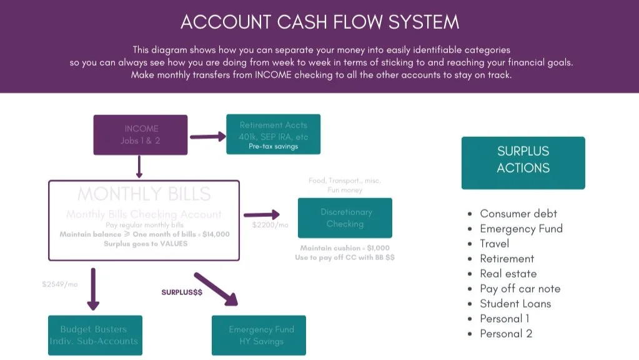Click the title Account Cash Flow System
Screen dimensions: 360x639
pyautogui.click(x=319, y=22)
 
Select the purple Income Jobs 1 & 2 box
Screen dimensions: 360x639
pyautogui.click(x=140, y=134)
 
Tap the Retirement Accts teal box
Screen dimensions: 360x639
pyautogui.click(x=273, y=134)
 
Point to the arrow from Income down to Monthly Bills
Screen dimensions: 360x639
pyautogui.click(x=139, y=167)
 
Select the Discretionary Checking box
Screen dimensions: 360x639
pyautogui.click(x=345, y=217)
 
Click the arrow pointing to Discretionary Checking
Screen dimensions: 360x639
pyautogui.click(x=262, y=216)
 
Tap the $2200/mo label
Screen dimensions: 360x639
pyautogui.click(x=270, y=225)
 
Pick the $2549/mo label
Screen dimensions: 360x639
pyautogui.click(x=61, y=284)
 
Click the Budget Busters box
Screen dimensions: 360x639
pyautogui.click(x=95, y=335)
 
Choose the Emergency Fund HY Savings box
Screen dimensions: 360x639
pyautogui.click(x=261, y=335)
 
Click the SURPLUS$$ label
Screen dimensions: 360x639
pyautogui.click(x=182, y=292)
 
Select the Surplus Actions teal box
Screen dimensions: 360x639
pyautogui.click(x=523, y=162)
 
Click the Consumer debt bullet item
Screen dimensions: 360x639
pyautogui.click(x=518, y=214)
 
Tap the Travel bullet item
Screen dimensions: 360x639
pyautogui.click(x=494, y=244)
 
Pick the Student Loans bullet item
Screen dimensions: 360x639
pyautogui.click(x=515, y=304)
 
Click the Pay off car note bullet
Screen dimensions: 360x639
pyautogui.click(x=520, y=289)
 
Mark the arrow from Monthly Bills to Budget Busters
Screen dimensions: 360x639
pyautogui.click(x=93, y=289)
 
